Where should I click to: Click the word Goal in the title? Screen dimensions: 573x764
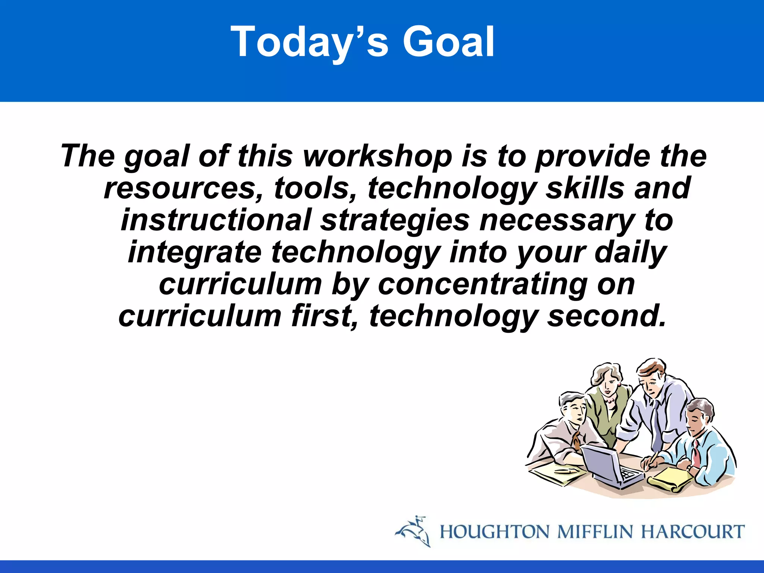point(448,41)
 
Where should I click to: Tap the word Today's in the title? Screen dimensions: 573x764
point(310,41)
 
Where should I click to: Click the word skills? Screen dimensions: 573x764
point(585,188)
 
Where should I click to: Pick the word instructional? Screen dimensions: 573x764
point(216,220)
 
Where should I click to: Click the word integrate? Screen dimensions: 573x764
point(195,253)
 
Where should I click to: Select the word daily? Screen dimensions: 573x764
point(630,253)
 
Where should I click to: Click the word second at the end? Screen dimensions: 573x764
point(606,316)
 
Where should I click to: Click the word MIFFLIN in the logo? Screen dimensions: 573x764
point(595,532)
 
